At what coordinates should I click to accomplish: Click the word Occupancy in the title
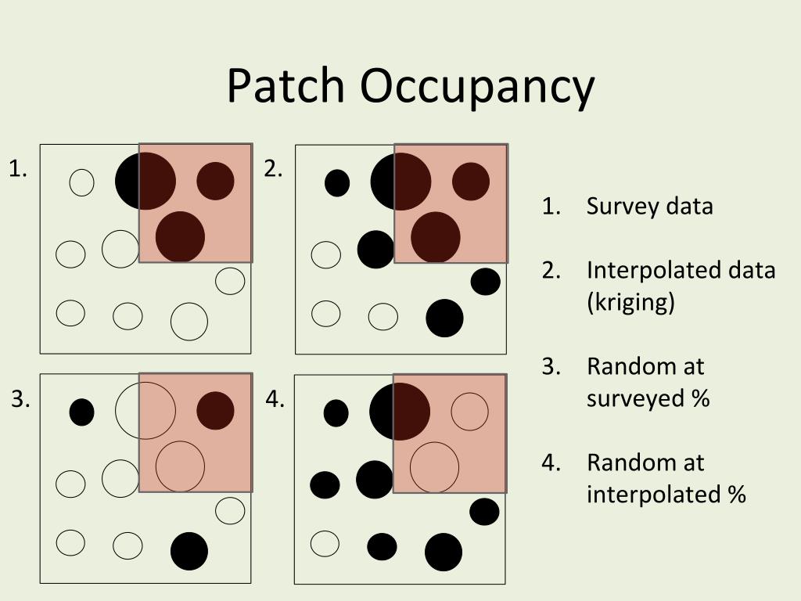pos(477,88)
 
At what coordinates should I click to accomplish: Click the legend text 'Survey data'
pos(649,207)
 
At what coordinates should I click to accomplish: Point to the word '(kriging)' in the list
pos(630,302)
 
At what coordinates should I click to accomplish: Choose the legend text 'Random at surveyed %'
pos(648,383)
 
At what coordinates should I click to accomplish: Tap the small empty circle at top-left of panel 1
pos(81,182)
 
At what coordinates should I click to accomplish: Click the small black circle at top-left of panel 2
pos(337,183)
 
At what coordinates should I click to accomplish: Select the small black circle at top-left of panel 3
pos(81,412)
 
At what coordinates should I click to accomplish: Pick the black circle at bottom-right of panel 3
pos(189,551)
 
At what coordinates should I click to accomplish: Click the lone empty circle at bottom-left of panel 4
pos(325,542)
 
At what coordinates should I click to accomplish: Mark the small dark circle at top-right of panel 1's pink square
pos(215,181)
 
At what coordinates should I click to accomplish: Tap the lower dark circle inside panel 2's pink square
pos(436,236)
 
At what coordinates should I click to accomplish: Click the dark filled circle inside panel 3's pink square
pos(215,411)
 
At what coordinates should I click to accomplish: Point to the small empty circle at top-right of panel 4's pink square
pos(469,412)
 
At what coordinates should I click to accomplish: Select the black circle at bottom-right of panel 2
pos(444,318)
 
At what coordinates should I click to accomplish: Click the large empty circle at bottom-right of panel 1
pos(189,322)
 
